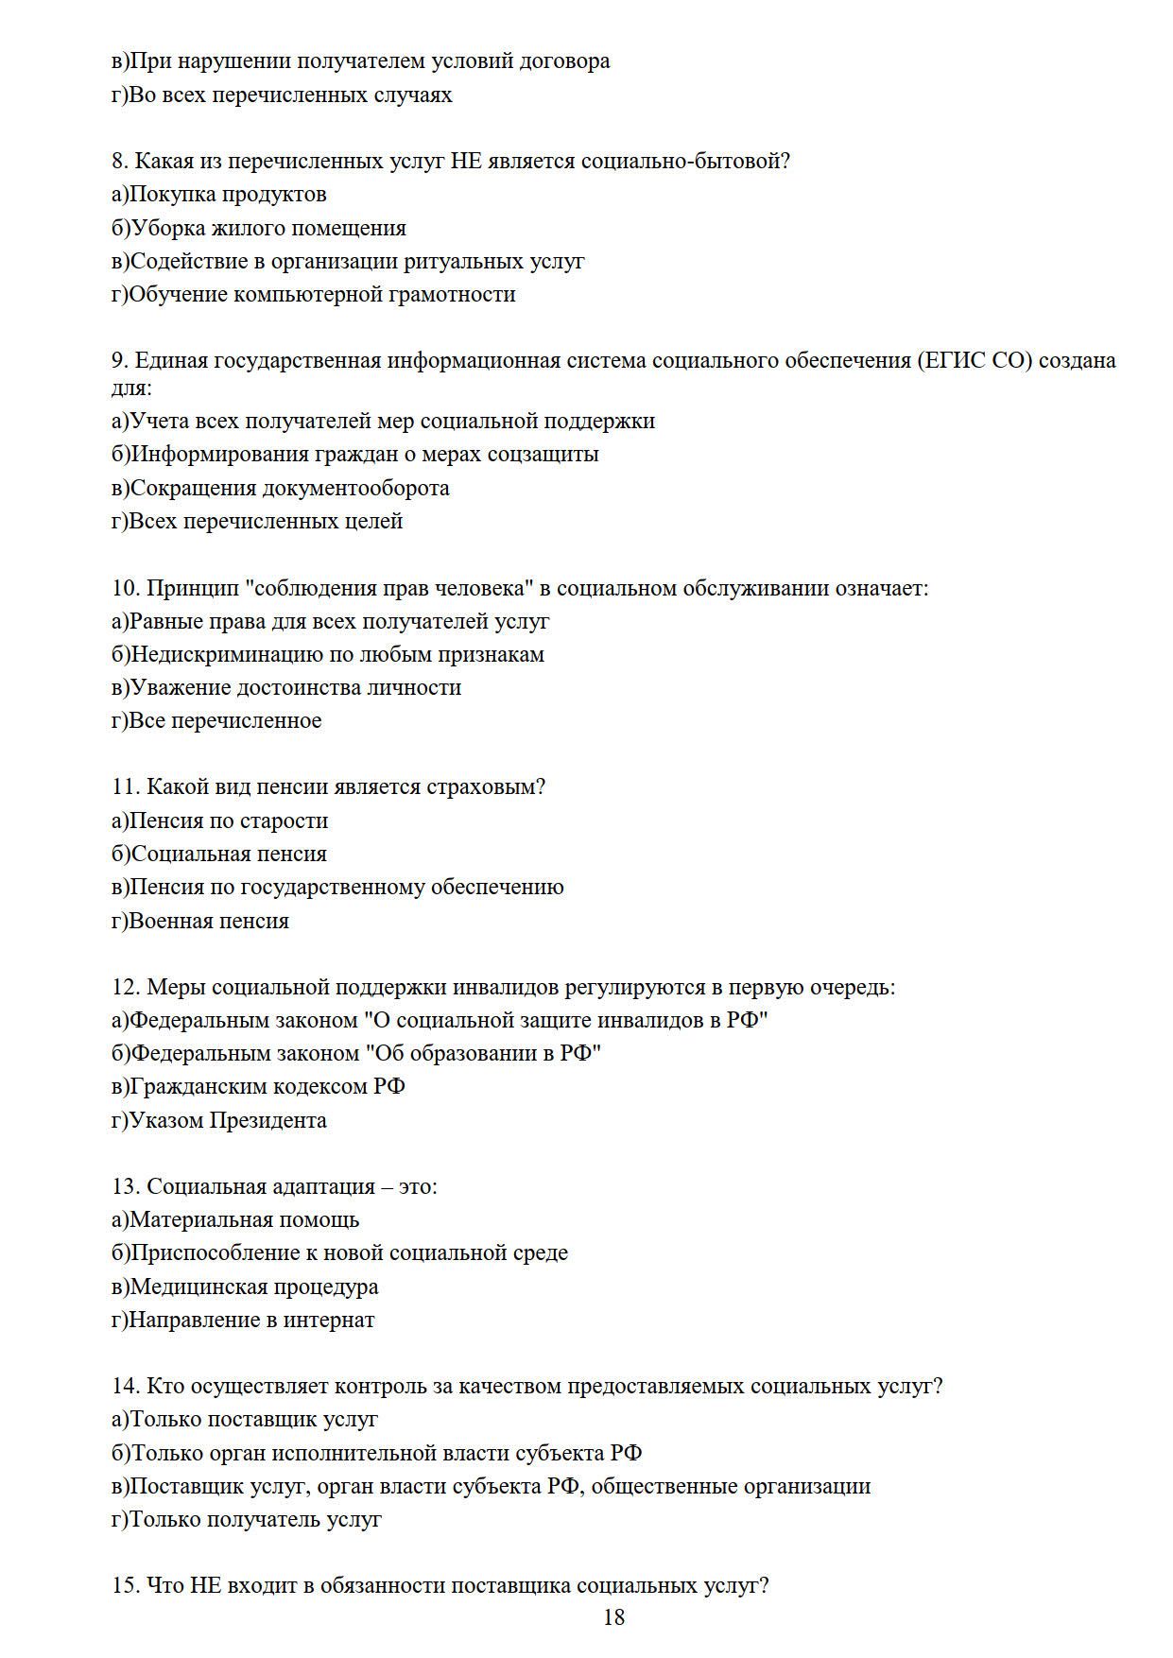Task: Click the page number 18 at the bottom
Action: click(x=613, y=1617)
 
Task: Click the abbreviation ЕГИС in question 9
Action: click(x=953, y=360)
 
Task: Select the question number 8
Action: click(x=119, y=161)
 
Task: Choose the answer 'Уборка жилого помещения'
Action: click(x=259, y=228)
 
